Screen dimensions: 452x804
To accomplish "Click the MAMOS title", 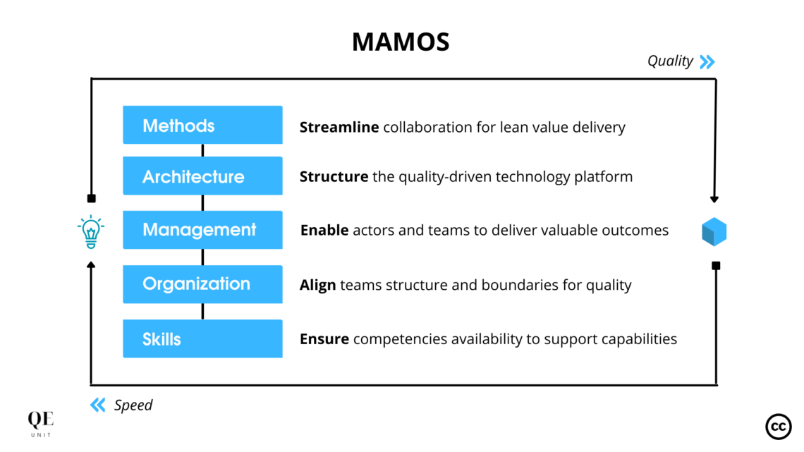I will click(401, 42).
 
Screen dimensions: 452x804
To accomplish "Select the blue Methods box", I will click(202, 125).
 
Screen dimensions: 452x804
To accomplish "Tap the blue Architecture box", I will click(202, 176).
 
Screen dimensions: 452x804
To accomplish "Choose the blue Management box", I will click(202, 230).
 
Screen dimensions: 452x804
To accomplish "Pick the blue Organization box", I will click(202, 284).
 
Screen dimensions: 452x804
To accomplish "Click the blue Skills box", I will click(202, 338).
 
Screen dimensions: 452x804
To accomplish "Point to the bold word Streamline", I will click(339, 128).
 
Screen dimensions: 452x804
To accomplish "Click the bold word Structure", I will click(334, 176).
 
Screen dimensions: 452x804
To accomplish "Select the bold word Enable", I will click(324, 231).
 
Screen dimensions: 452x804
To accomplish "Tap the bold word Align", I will click(317, 285).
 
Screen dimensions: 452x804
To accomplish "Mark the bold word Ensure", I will click(324, 339).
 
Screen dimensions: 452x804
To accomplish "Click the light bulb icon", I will click(90, 232).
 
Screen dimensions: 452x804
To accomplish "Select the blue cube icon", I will click(714, 232).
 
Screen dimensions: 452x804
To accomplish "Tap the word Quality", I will click(670, 61).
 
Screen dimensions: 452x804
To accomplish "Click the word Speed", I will click(133, 405).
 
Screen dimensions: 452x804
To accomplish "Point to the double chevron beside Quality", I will click(707, 62).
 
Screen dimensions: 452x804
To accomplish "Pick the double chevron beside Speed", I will click(98, 405).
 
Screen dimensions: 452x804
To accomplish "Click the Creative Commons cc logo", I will click(778, 427).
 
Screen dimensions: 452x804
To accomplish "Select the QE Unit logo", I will click(40, 424).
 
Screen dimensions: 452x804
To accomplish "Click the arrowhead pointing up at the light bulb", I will click(91, 265).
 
